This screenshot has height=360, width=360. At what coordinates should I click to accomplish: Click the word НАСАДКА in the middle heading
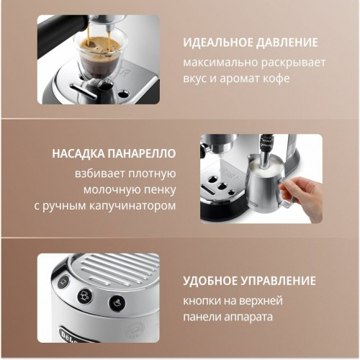click(79, 154)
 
